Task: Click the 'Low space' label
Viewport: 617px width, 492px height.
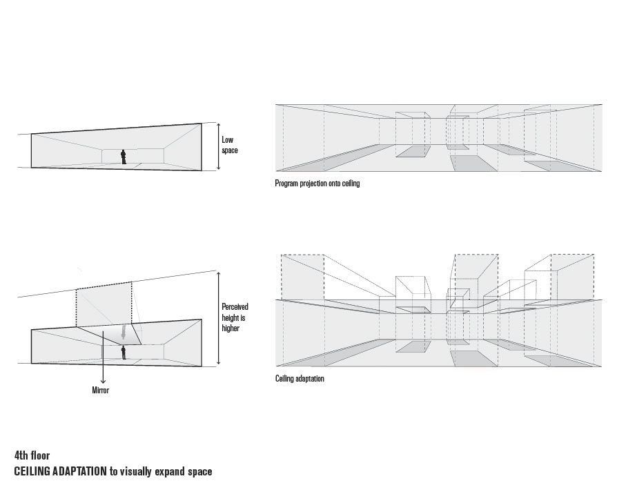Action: click(229, 145)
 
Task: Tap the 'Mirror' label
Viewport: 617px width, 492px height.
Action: click(101, 391)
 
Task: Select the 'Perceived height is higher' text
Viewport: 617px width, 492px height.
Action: click(234, 318)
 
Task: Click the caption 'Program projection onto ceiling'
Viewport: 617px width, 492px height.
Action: click(317, 184)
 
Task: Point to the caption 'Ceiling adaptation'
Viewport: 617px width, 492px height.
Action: click(300, 379)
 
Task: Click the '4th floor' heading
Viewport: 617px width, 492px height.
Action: click(32, 455)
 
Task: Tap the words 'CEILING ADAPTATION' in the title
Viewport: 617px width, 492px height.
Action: click(60, 472)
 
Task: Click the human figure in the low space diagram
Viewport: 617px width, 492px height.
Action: click(124, 157)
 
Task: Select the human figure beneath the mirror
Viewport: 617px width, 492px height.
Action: click(124, 353)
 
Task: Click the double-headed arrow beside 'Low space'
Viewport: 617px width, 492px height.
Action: click(218, 146)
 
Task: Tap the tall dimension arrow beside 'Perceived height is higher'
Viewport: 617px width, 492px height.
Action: click(218, 318)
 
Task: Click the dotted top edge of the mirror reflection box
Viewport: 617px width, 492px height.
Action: click(104, 284)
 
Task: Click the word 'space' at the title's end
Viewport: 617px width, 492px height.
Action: click(199, 472)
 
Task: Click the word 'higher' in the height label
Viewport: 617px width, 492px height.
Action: click(231, 328)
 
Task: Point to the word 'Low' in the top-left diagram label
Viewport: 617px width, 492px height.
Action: click(227, 140)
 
